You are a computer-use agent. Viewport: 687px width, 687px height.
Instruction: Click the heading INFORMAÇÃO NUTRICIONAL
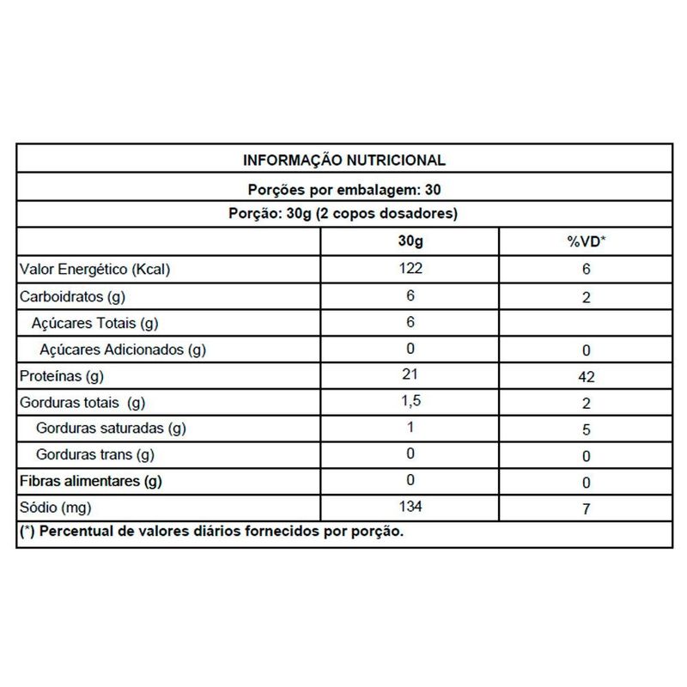click(343, 161)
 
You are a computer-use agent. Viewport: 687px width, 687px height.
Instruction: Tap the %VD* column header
click(586, 242)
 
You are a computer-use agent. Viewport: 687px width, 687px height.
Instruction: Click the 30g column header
click(410, 242)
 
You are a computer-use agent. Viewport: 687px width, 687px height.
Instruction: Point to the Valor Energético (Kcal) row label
click(96, 271)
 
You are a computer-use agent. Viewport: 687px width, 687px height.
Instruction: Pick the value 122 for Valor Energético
click(410, 270)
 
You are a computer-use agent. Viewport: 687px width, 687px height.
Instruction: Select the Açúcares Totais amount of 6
click(410, 323)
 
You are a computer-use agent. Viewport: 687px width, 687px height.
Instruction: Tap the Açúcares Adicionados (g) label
click(123, 350)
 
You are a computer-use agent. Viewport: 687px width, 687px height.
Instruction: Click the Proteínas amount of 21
click(410, 375)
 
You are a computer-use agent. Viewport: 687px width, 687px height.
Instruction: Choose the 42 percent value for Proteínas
click(586, 376)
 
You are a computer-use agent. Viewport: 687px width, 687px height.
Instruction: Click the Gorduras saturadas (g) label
click(112, 429)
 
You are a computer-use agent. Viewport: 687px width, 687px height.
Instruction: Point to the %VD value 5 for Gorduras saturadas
click(586, 429)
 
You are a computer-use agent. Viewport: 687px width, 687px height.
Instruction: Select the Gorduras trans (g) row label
click(94, 455)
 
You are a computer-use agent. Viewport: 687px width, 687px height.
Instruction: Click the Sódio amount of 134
click(410, 508)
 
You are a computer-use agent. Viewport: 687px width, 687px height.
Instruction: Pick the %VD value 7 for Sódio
click(586, 508)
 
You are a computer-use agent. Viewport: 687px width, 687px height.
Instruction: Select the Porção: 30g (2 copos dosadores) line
click(343, 215)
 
